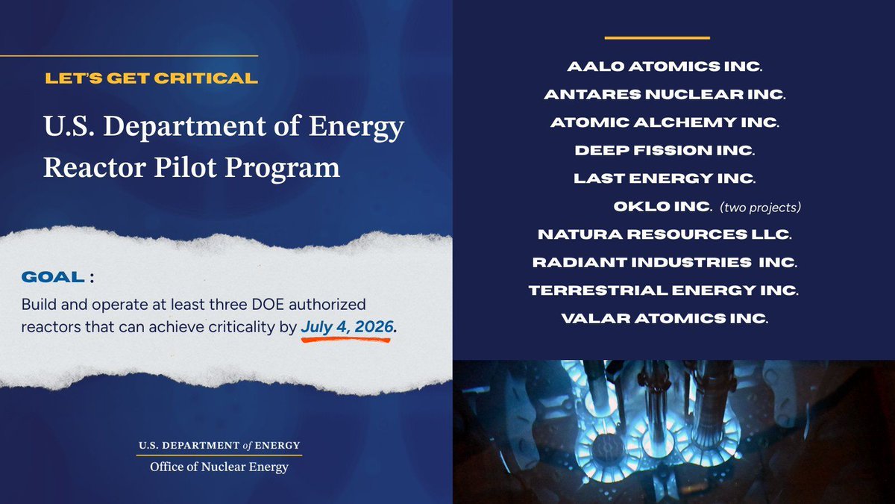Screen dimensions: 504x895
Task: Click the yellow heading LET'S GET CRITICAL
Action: (151, 78)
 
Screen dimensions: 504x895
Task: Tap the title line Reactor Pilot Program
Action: (191, 167)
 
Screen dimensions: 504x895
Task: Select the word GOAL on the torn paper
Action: (53, 277)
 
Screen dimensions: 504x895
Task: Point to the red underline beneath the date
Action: (345, 340)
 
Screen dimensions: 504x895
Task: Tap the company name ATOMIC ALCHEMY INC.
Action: (665, 122)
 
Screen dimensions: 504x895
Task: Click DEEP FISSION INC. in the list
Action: (665, 150)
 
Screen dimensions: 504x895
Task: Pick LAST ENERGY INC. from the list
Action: (665, 178)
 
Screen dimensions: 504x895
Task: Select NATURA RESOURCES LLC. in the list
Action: (665, 234)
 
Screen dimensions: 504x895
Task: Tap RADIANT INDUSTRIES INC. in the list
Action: (665, 263)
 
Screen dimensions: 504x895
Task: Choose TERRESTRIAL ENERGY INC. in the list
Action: (665, 290)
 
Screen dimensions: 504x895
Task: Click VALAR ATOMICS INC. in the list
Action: (665, 319)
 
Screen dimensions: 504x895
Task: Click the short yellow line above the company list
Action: (657, 37)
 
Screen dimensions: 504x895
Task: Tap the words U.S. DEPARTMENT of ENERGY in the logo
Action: (219, 446)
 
